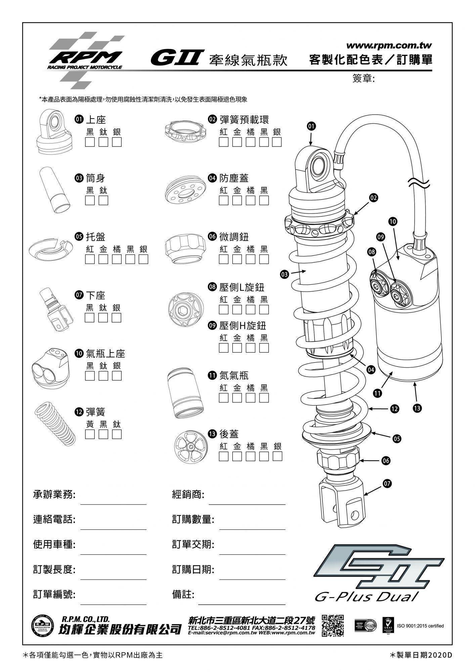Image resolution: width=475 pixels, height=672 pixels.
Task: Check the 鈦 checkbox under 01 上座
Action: (x=103, y=142)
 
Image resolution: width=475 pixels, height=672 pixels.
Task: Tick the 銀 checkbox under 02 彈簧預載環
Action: (x=277, y=142)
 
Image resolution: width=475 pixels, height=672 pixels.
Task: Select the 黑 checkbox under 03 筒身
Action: (x=90, y=201)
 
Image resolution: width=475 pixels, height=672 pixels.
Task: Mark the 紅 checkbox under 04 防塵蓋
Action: (x=223, y=201)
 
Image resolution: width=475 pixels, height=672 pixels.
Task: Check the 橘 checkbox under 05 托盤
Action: (x=117, y=259)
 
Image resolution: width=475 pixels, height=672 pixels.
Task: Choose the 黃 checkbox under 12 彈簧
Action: (x=90, y=434)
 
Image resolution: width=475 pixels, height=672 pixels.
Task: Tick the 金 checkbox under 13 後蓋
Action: (x=237, y=456)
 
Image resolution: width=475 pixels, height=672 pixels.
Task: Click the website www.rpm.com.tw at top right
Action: (x=389, y=45)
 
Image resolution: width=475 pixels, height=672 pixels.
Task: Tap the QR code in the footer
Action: (x=333, y=625)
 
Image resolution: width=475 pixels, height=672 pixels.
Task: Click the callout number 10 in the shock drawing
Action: (x=393, y=221)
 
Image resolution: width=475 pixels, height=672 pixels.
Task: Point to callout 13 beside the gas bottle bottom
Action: (x=417, y=408)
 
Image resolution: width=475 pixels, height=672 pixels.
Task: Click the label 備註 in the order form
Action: (x=183, y=594)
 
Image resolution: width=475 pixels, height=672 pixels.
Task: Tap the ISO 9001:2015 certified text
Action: (x=420, y=626)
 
